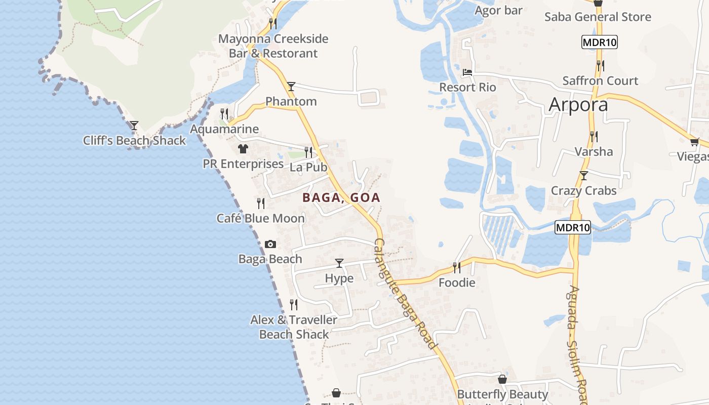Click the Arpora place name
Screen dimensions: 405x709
(578, 105)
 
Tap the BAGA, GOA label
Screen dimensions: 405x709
(341, 197)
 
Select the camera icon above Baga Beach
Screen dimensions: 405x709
(270, 244)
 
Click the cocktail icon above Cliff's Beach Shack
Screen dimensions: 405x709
(134, 125)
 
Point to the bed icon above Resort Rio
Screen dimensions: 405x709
(467, 72)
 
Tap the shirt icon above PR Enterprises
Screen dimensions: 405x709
(243, 149)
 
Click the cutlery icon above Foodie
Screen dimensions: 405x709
(457, 267)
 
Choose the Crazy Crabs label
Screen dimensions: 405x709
(583, 191)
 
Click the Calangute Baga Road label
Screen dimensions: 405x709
(405, 294)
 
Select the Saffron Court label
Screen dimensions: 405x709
(600, 80)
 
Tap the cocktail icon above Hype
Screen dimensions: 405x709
(339, 263)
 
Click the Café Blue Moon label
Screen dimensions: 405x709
(261, 218)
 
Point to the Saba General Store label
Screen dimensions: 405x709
(598, 17)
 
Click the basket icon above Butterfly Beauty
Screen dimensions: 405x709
(502, 379)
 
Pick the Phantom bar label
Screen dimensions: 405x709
(291, 101)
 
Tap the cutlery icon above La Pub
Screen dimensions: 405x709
(308, 152)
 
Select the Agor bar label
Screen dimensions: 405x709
(498, 10)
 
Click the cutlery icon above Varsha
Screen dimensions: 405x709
(594, 136)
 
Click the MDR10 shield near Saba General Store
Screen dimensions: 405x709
(600, 42)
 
